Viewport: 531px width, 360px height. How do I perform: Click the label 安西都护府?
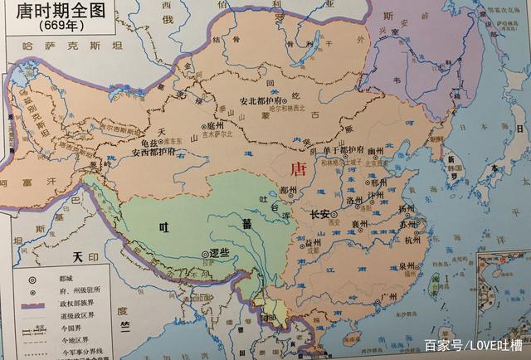pyautogui.click(x=153, y=153)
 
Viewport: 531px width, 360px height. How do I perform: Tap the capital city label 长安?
pyautogui.click(x=320, y=214)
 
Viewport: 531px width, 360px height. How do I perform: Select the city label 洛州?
pyautogui.click(x=356, y=202)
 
